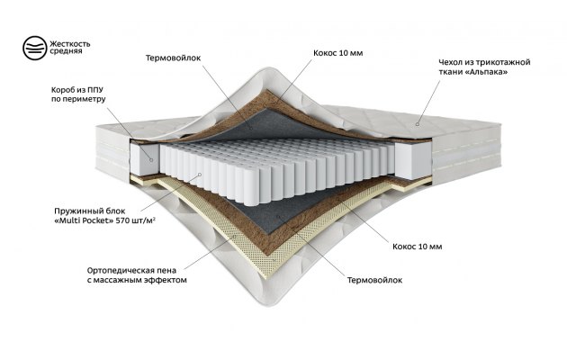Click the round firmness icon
tap(35, 48)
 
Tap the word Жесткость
tap(70, 44)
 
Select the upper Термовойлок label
tap(173, 58)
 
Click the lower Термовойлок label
tap(374, 280)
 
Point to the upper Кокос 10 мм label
tap(338, 53)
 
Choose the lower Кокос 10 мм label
tap(418, 247)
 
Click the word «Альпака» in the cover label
tap(487, 72)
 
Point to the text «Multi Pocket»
tap(84, 220)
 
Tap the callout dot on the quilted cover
tap(418, 124)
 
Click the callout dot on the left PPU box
tap(151, 160)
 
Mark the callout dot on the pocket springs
tap(200, 175)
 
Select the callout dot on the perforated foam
tap(234, 237)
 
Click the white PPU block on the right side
tap(413, 160)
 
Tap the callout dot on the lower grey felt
tap(278, 217)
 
